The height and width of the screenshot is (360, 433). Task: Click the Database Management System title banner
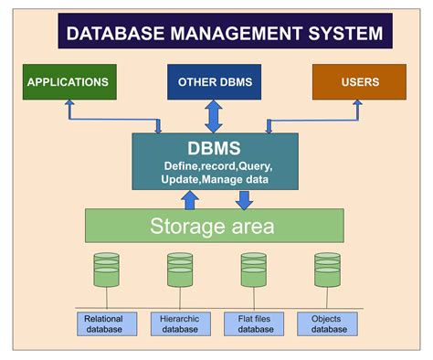coord(225,35)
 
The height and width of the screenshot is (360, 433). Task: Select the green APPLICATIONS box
coord(68,81)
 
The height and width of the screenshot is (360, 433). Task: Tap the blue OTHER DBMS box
coord(216,81)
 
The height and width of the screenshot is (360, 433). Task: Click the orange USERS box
coord(359,81)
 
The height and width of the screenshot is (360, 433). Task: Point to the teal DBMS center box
coord(215,161)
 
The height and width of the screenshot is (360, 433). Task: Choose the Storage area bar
coord(214,225)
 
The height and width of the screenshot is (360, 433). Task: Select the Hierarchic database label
coord(180,323)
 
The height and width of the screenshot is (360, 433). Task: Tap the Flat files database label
coord(253,323)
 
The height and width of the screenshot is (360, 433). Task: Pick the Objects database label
coord(327,323)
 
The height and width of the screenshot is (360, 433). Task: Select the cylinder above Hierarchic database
coord(180,270)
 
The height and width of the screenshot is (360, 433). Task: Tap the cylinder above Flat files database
coord(253,270)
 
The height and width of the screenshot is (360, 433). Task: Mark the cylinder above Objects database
coord(327,270)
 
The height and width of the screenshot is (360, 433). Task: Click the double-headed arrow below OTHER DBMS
coord(215,116)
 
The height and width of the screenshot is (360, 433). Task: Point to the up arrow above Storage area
coord(190,199)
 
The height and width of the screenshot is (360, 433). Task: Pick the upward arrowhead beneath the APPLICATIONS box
coord(68,105)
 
